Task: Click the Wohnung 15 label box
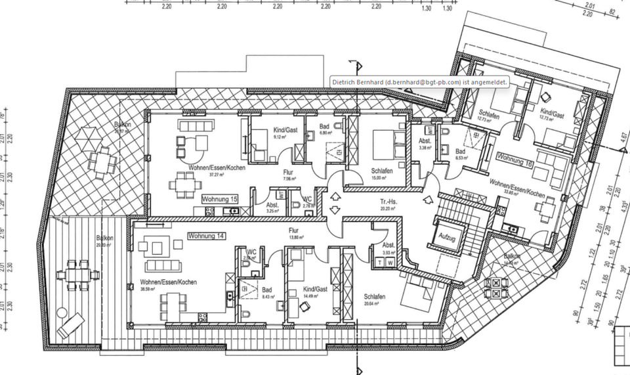click(219, 198)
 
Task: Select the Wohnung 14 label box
click(205, 235)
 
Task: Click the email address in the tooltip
click(424, 81)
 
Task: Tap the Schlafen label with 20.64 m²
click(375, 298)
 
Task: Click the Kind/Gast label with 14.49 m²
click(316, 289)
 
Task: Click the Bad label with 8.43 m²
click(266, 290)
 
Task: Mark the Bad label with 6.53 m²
click(461, 152)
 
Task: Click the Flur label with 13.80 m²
click(293, 231)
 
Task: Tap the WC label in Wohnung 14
click(251, 252)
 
